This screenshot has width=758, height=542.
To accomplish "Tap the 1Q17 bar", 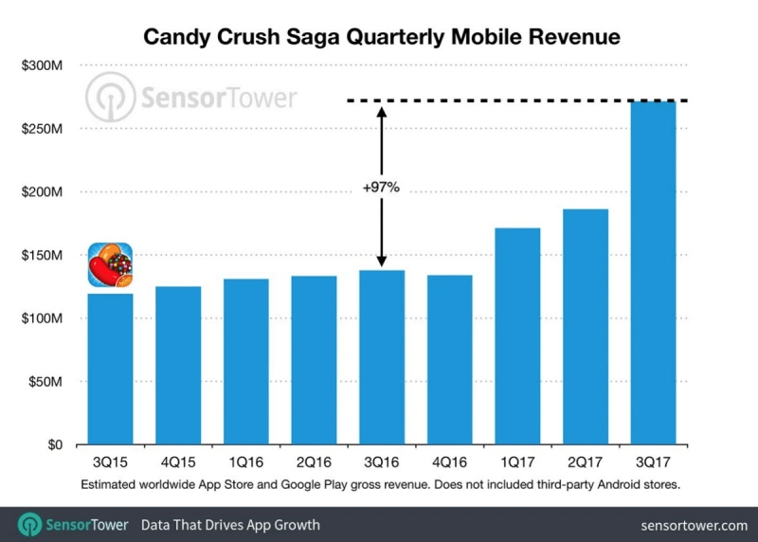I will (517, 336).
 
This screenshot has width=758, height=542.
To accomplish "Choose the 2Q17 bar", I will (586, 327).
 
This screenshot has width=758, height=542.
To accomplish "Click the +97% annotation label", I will (381, 188).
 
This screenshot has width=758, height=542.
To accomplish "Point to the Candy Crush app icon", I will (110, 265).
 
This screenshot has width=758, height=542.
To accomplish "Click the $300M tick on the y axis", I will (44, 65).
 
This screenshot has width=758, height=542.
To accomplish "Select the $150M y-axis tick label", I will (44, 255).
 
